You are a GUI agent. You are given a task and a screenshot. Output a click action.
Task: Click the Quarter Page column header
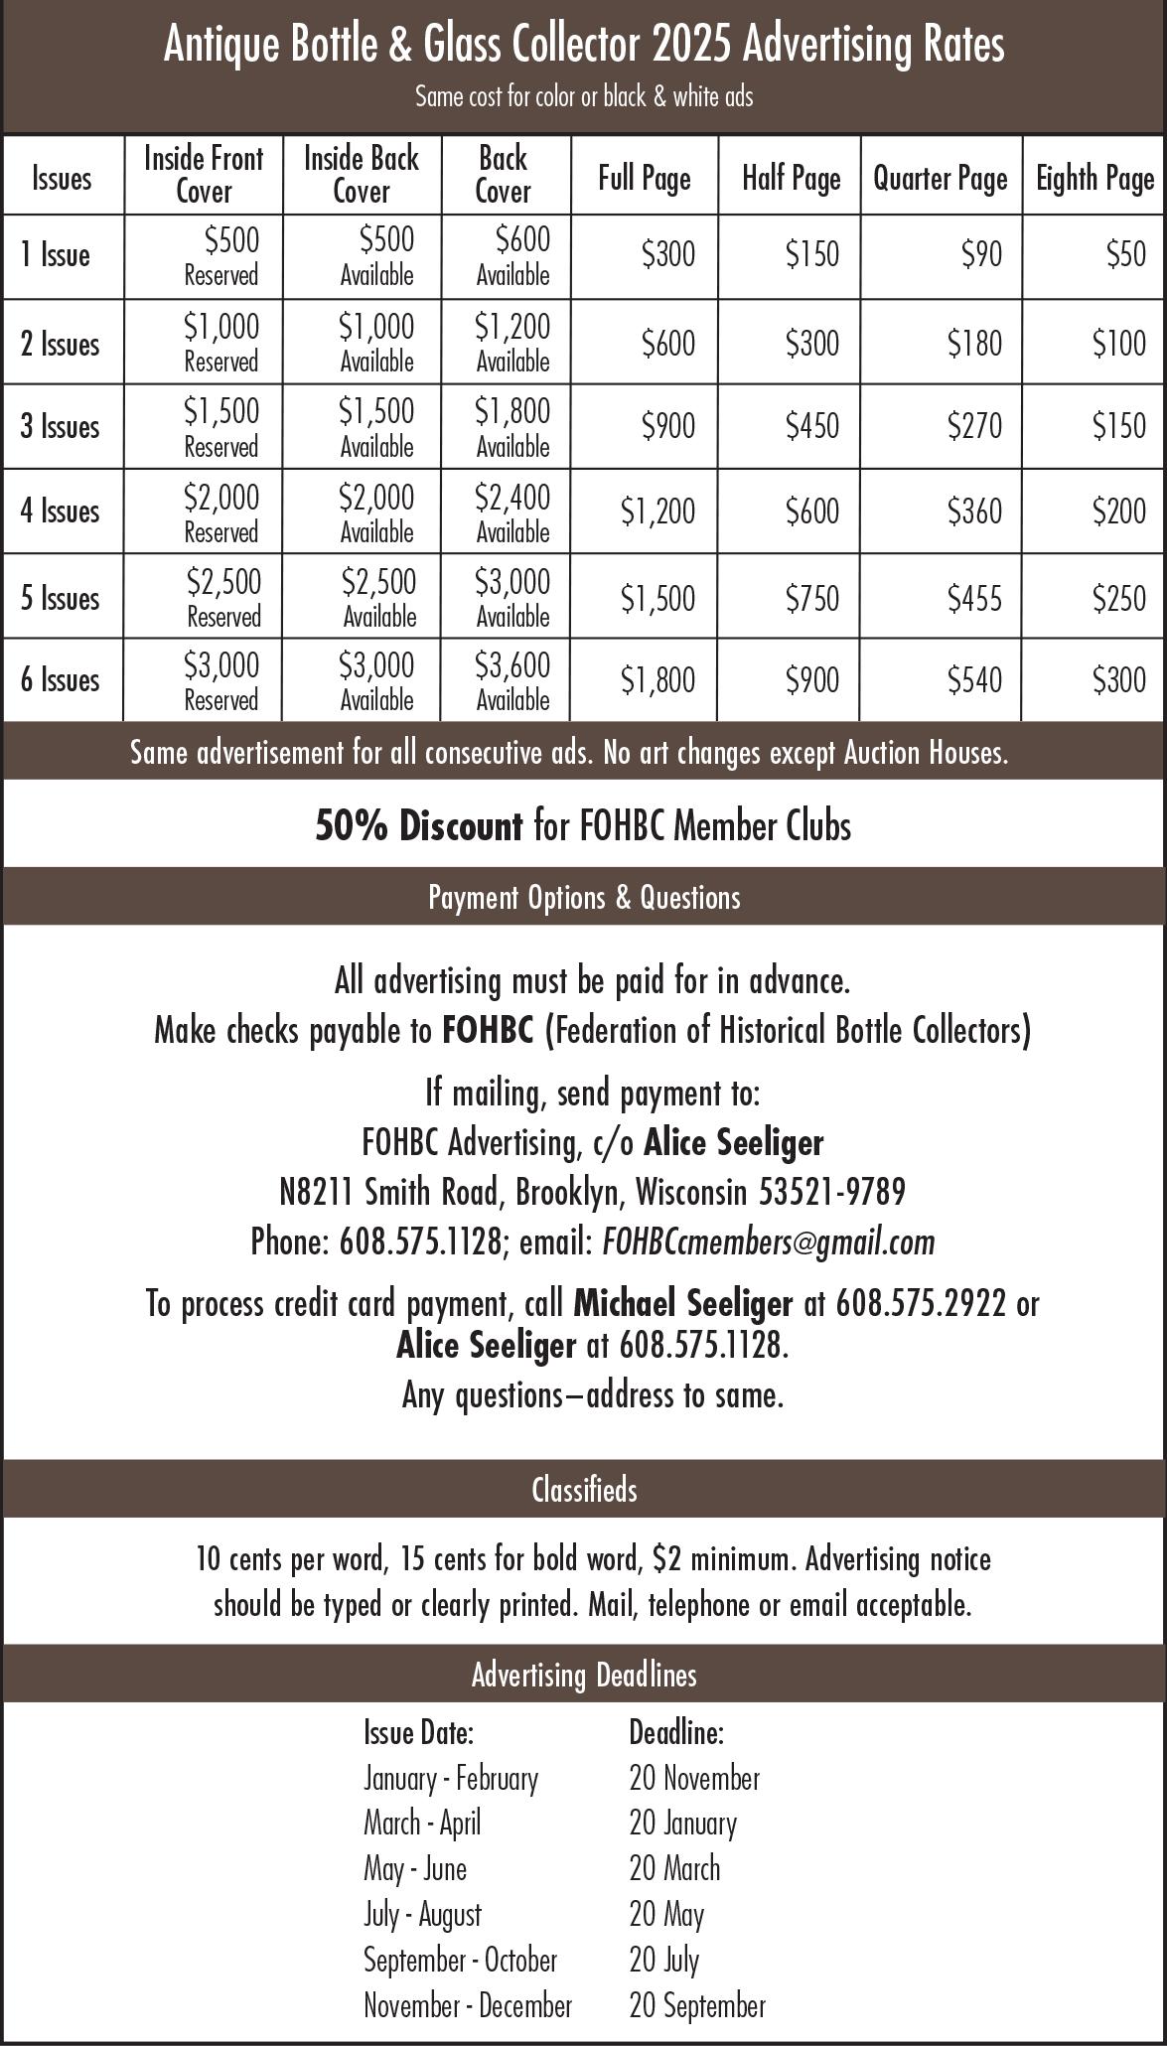click(940, 179)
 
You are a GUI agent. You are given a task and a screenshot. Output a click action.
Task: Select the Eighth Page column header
click(1094, 179)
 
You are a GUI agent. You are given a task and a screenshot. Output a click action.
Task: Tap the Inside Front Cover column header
click(204, 175)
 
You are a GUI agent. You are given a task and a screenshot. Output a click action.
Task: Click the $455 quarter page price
click(974, 598)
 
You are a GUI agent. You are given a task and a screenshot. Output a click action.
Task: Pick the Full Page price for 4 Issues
click(657, 511)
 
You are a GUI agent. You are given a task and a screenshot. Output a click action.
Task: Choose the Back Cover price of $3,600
click(512, 665)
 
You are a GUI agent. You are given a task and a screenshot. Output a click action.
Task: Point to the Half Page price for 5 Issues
click(812, 598)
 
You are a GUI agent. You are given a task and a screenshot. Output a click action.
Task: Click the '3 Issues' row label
click(61, 427)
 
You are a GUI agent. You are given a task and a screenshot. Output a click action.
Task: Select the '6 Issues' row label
click(61, 680)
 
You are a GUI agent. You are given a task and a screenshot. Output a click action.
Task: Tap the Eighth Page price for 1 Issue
click(1126, 255)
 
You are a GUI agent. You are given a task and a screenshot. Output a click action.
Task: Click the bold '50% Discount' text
click(418, 826)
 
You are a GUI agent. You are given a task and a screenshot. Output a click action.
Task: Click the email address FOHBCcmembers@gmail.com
click(768, 1242)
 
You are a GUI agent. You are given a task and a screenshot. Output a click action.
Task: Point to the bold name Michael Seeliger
click(683, 1302)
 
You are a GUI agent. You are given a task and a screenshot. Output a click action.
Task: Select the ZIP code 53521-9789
click(832, 1191)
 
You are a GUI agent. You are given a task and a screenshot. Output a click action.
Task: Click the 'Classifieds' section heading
click(584, 1490)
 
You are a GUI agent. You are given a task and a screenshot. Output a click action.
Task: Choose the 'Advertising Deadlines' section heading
click(584, 1676)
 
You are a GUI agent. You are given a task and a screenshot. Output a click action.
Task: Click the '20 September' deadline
click(697, 2005)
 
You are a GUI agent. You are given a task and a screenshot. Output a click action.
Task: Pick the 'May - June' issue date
click(415, 1869)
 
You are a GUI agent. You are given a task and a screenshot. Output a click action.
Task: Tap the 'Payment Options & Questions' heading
click(584, 898)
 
